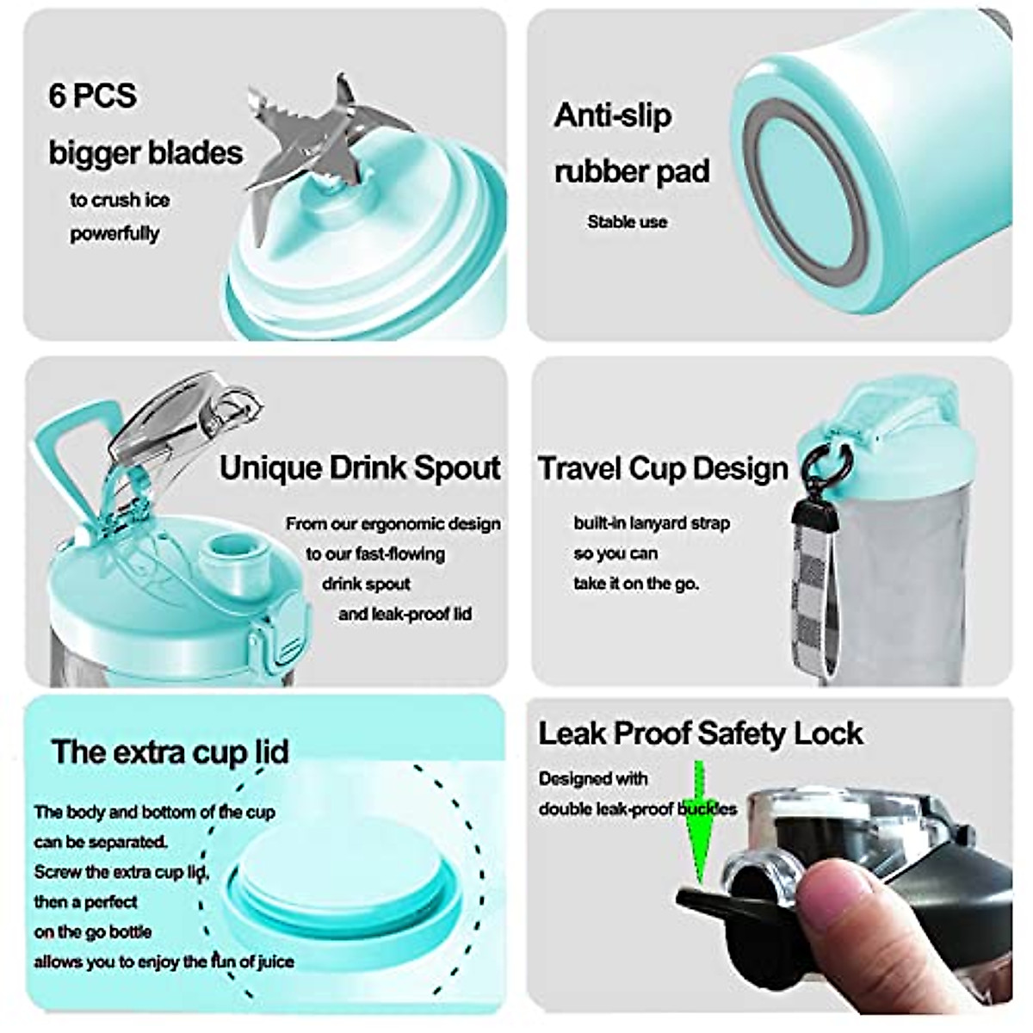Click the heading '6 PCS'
tap(93, 95)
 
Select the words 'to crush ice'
tap(120, 200)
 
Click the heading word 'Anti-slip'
tap(612, 115)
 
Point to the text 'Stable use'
tap(627, 222)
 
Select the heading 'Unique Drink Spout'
tap(360, 467)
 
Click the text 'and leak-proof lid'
tap(405, 614)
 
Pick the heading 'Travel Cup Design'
tap(663, 468)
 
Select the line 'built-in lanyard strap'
tap(652, 523)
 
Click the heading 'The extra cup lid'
tap(170, 752)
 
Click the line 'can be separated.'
tap(101, 841)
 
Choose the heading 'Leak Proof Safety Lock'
tap(700, 733)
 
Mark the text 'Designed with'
tap(593, 778)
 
